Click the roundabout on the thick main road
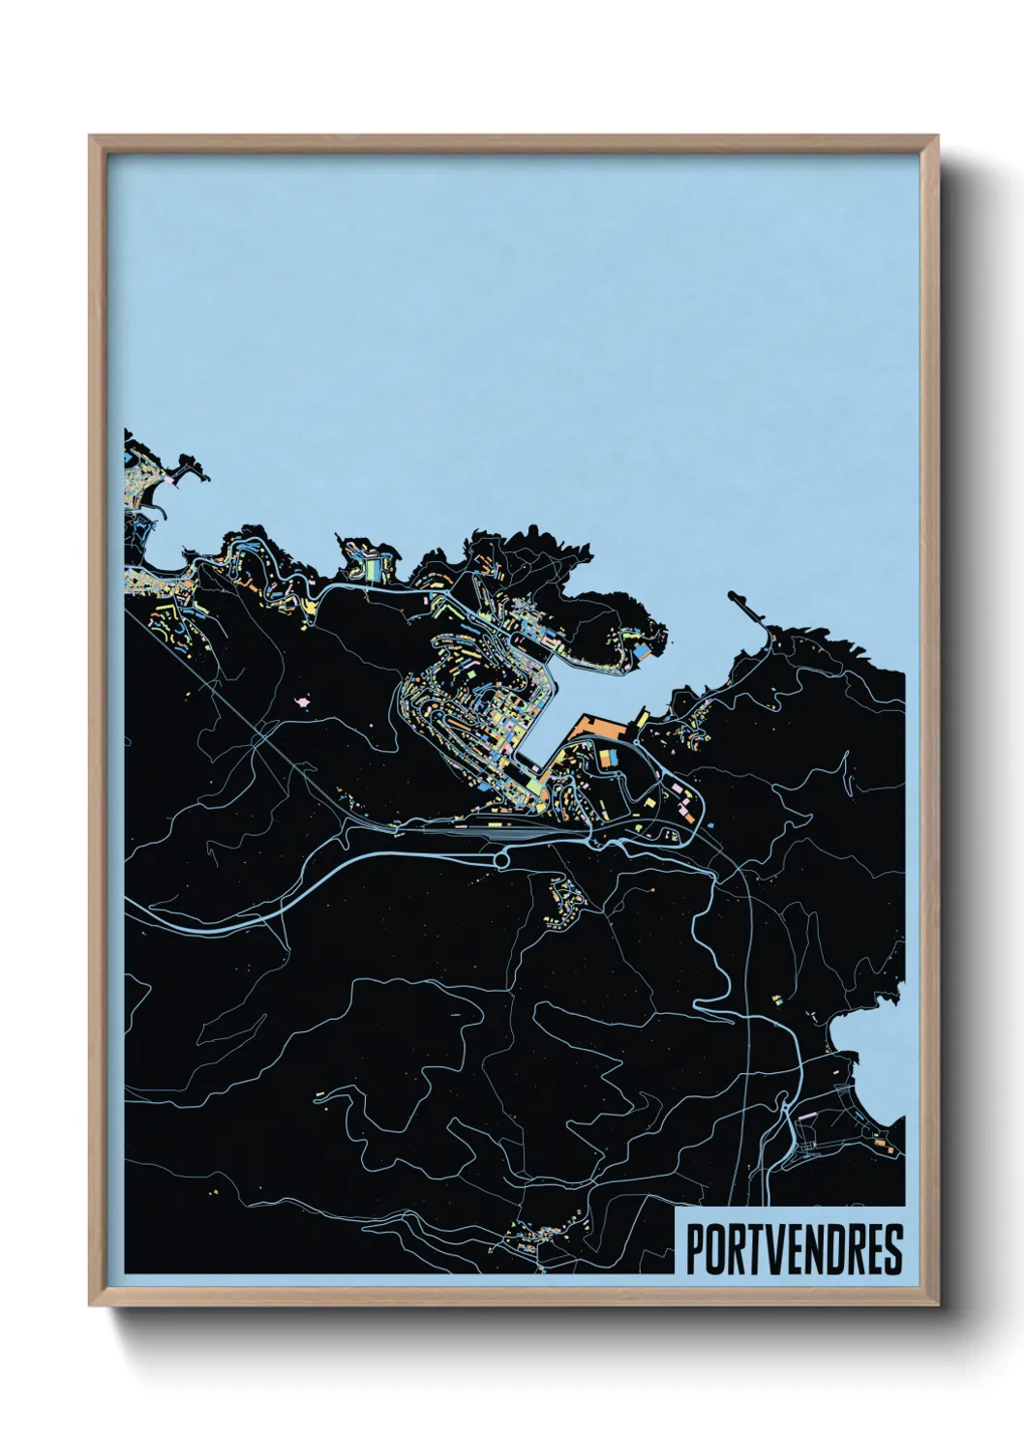coord(501,857)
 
